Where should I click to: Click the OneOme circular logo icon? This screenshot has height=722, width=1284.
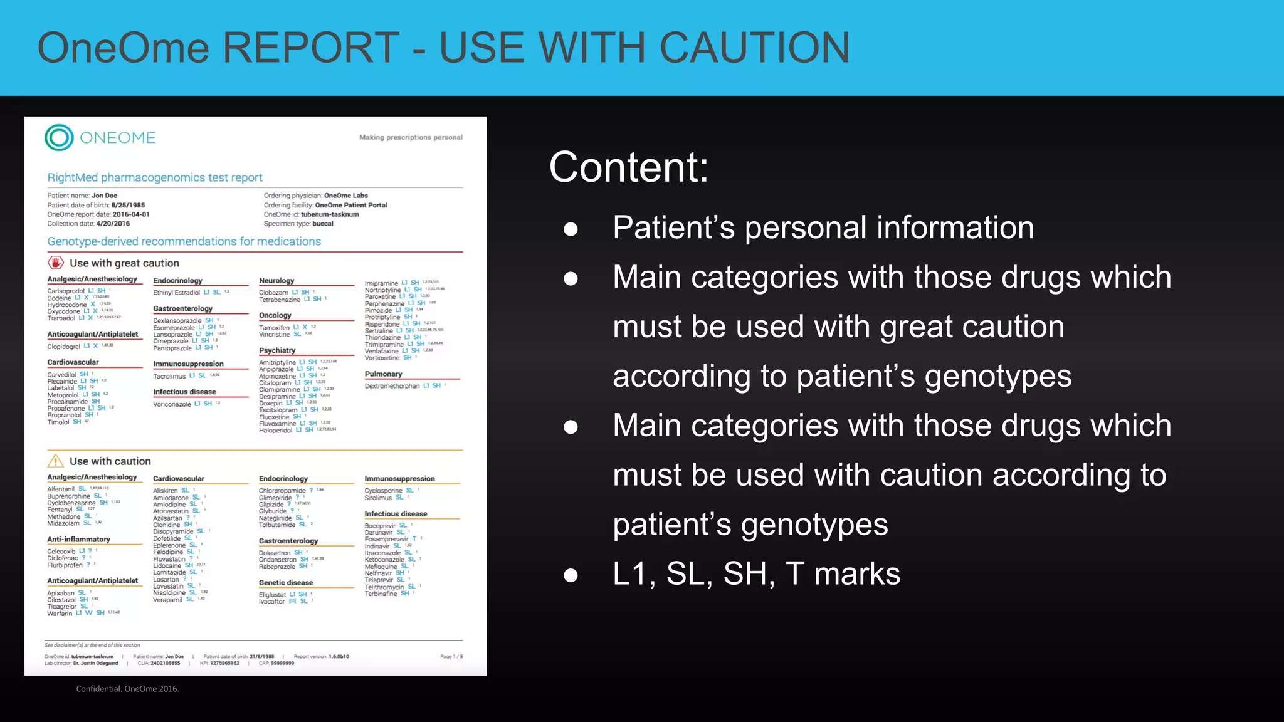[x=60, y=138]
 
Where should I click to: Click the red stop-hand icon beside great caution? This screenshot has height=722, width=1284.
[x=56, y=263]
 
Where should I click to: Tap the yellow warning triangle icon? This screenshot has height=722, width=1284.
[x=56, y=461]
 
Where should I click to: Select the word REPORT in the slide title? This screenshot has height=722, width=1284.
[x=311, y=48]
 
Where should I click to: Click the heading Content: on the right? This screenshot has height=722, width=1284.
[x=628, y=167]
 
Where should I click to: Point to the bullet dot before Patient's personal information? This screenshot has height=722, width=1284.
[x=571, y=229]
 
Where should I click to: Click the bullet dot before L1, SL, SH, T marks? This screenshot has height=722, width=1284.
[x=571, y=575]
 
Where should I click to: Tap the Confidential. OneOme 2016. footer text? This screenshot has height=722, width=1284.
[x=127, y=689]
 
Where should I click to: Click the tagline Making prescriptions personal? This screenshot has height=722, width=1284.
[x=411, y=137]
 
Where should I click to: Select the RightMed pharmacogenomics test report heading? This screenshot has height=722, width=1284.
[x=155, y=178]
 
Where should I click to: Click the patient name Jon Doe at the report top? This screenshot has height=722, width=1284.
[x=104, y=196]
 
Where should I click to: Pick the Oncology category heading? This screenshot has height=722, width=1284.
[x=275, y=315]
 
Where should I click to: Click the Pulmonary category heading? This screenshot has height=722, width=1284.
[x=383, y=374]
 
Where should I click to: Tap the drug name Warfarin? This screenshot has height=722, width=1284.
[x=60, y=614]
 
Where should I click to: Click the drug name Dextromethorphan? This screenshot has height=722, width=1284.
[x=392, y=386]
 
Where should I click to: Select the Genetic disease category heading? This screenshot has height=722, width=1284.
[x=286, y=583]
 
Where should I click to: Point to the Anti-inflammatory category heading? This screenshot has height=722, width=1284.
[x=78, y=540]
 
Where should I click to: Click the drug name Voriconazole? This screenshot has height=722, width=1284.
[x=172, y=404]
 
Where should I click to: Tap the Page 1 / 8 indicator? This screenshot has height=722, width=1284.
[x=451, y=657]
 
